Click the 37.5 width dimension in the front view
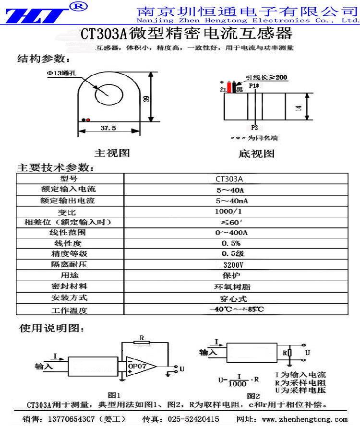(108, 128)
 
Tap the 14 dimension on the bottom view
(299, 107)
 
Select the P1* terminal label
(254, 86)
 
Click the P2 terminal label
(254, 128)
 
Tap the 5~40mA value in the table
(235, 201)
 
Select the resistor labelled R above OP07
(143, 343)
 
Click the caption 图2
(253, 396)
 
